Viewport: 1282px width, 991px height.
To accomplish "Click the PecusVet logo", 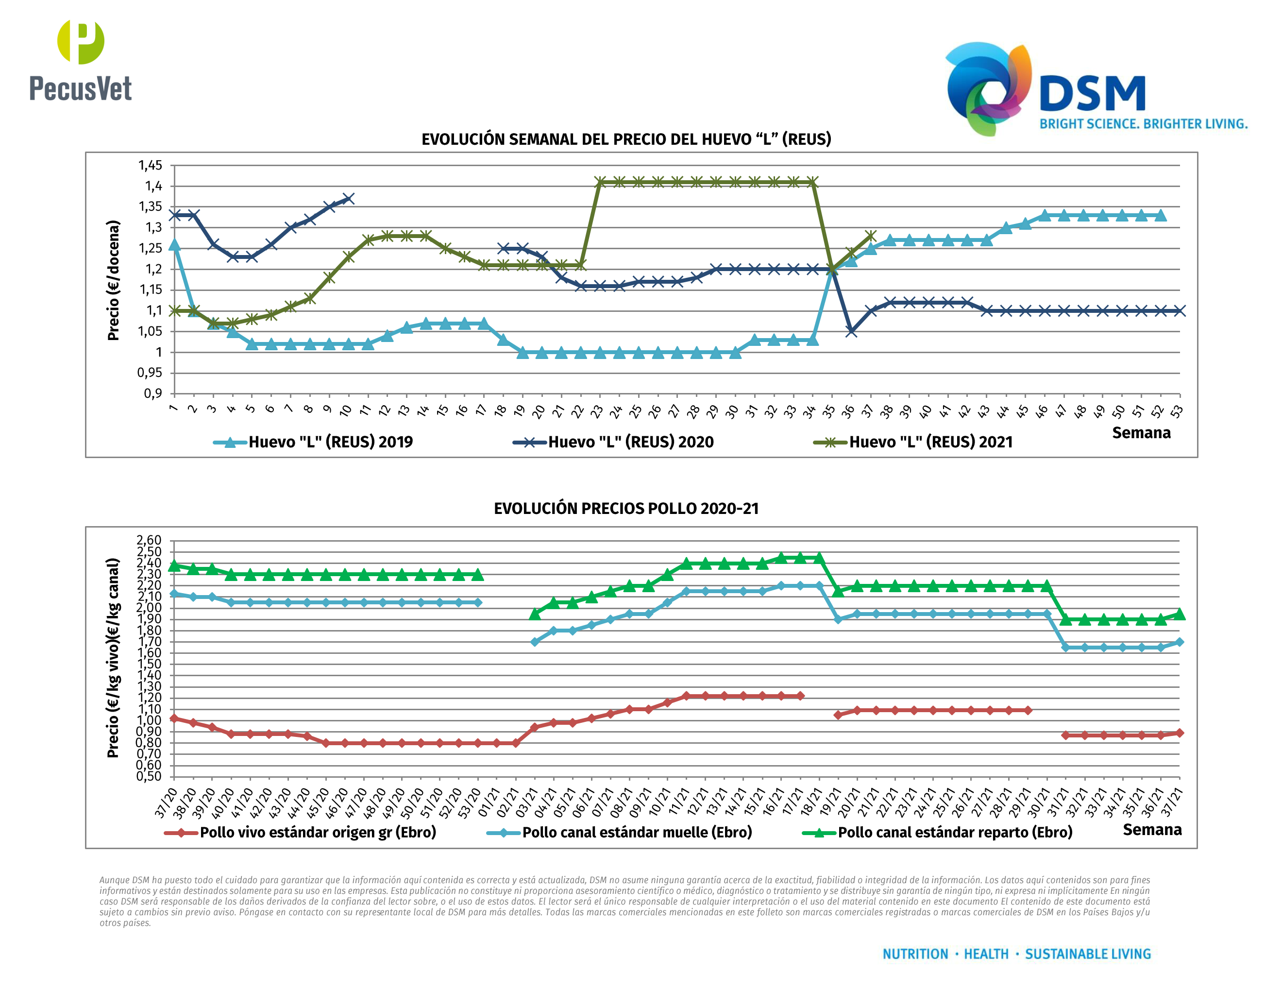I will (x=81, y=61).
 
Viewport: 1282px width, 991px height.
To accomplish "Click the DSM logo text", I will (x=1092, y=93).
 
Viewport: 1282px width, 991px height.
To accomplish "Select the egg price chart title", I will (x=626, y=139).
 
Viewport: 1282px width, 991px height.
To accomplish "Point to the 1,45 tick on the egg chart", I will (x=150, y=166).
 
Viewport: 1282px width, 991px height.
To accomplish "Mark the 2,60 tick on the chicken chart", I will (x=149, y=540).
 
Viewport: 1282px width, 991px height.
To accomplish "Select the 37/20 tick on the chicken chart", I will (x=166, y=803).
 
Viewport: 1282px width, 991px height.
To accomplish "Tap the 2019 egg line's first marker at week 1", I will (x=174, y=245).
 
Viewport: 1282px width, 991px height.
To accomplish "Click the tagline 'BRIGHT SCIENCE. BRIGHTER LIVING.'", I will (x=1143, y=124).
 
